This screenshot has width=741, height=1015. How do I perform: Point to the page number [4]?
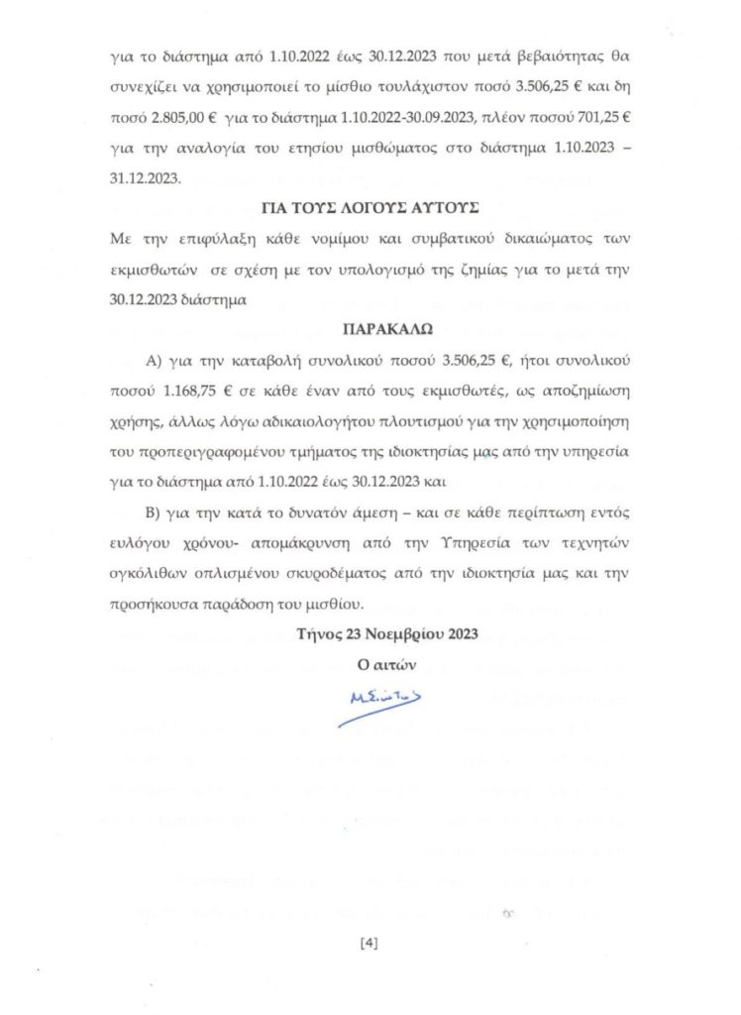pyautogui.click(x=370, y=943)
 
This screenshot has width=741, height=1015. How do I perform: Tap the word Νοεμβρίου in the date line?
pyautogui.click(x=379, y=634)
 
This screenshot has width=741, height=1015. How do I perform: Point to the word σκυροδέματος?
pyautogui.click(x=400, y=574)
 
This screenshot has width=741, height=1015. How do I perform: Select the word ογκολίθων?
pyautogui.click(x=147, y=574)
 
